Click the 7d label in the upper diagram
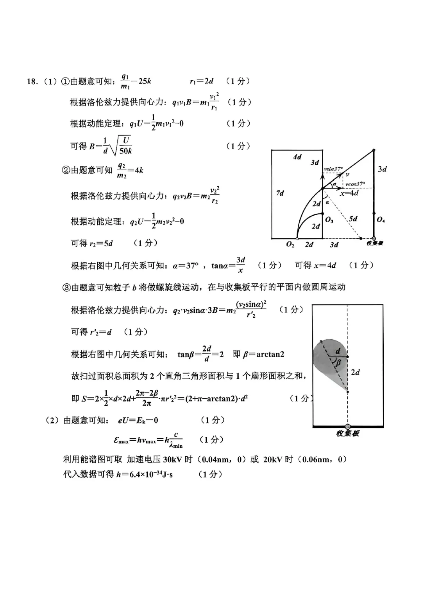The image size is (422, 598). [x=280, y=193]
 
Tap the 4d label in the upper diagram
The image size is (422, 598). [x=297, y=157]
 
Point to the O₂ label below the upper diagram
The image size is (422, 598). [x=290, y=245]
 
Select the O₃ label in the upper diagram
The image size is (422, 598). [x=329, y=220]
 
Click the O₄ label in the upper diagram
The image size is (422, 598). [x=381, y=220]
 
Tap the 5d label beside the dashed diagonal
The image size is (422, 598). [x=353, y=218]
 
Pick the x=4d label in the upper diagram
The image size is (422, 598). [x=349, y=193]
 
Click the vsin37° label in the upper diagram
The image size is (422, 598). [x=333, y=169]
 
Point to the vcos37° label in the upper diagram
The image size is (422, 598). [x=355, y=184]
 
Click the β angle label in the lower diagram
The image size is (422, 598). [x=338, y=363]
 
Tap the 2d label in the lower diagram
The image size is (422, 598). [x=355, y=372]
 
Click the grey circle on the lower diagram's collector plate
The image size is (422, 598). [x=348, y=427]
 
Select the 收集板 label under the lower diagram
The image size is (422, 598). [x=347, y=434]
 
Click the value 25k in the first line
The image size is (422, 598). [x=145, y=81]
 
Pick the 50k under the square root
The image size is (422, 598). [x=125, y=151]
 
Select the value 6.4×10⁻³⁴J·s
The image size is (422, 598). [x=145, y=474]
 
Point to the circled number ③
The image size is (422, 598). [x=66, y=288]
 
